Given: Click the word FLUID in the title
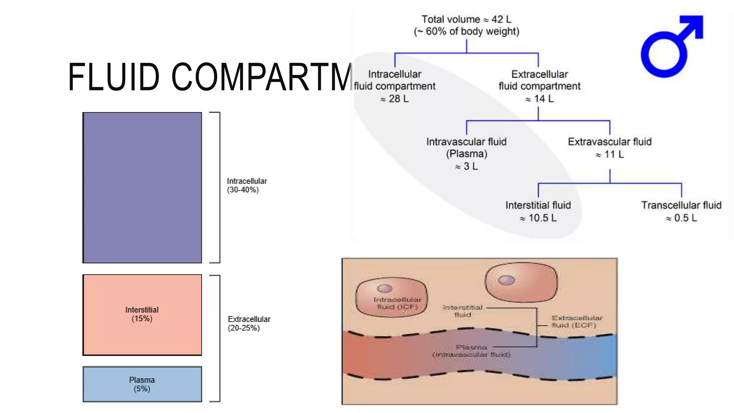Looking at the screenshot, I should (x=113, y=77).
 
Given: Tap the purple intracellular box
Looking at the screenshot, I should (x=142, y=187).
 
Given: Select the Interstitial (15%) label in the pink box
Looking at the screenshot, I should (x=142, y=314).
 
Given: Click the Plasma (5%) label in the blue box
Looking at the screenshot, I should (x=142, y=384).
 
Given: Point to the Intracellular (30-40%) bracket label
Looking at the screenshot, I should (x=247, y=185).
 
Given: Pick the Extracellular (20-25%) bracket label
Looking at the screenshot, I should (x=249, y=323).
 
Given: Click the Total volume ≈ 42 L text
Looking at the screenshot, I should (x=466, y=19).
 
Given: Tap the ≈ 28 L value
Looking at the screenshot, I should (x=394, y=99).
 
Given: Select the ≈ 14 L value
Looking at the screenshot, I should (x=539, y=99).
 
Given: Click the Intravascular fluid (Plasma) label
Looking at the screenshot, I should (x=466, y=148).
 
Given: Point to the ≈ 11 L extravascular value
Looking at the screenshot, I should (x=610, y=155).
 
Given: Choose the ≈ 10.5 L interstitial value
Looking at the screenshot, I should (x=538, y=218).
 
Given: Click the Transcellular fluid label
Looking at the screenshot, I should (x=681, y=205).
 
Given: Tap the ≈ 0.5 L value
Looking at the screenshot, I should (x=681, y=218).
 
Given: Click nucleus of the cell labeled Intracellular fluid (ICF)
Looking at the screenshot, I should (x=385, y=289).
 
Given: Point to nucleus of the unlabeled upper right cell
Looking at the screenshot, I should (x=506, y=280).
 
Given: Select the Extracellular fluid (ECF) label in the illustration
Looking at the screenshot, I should (x=577, y=322).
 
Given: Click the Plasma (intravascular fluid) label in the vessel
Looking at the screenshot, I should (x=471, y=351).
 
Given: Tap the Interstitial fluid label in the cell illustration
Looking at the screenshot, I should (x=462, y=311).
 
